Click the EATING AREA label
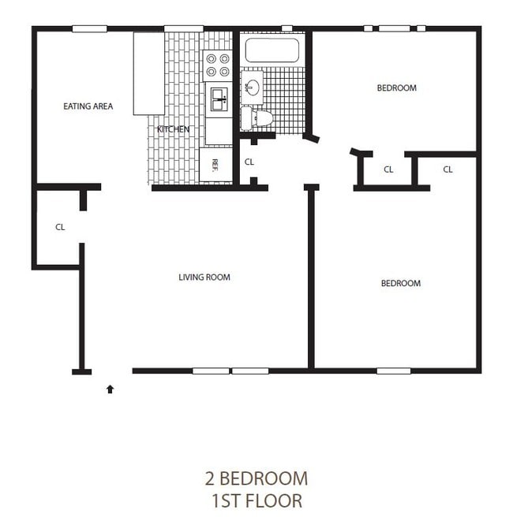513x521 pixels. [88, 106]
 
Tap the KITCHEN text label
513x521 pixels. [173, 129]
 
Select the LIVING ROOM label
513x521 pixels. [204, 277]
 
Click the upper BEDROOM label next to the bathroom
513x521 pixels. [395, 88]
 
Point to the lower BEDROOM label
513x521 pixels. [400, 284]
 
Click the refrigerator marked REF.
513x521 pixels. [215, 166]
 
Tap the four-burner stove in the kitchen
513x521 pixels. [218, 65]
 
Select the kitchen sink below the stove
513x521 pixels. [219, 100]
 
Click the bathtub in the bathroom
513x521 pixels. [271, 50]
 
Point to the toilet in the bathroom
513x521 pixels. [258, 119]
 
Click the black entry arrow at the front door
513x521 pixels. [110, 388]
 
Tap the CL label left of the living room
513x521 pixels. [60, 227]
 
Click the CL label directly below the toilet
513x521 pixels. [249, 162]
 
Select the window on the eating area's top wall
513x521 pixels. [89, 29]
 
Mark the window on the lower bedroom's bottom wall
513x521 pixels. [393, 370]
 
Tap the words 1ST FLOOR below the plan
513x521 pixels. [256, 501]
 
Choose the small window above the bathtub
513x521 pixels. [286, 29]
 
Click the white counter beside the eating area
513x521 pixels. [148, 73]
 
